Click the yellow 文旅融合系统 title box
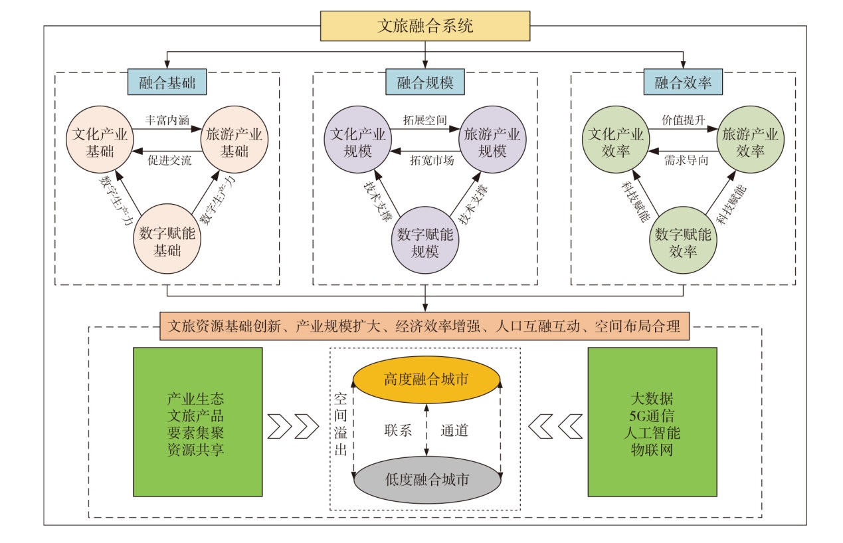pyautogui.click(x=425, y=27)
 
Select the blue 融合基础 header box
pyautogui.click(x=167, y=83)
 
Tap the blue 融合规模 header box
pyautogui.click(x=425, y=83)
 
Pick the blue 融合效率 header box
pyautogui.click(x=683, y=83)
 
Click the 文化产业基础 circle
pyautogui.click(x=100, y=142)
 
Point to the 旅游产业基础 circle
pyautogui.click(x=234, y=142)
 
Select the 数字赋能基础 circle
pyautogui.click(x=167, y=241)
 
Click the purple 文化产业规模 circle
pyautogui.click(x=358, y=142)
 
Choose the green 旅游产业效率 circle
pyautogui.click(x=750, y=142)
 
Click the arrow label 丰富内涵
pyautogui.click(x=168, y=120)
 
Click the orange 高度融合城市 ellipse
pyautogui.click(x=426, y=380)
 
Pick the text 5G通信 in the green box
pyautogui.click(x=652, y=417)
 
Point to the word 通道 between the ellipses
pyautogui.click(x=455, y=430)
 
